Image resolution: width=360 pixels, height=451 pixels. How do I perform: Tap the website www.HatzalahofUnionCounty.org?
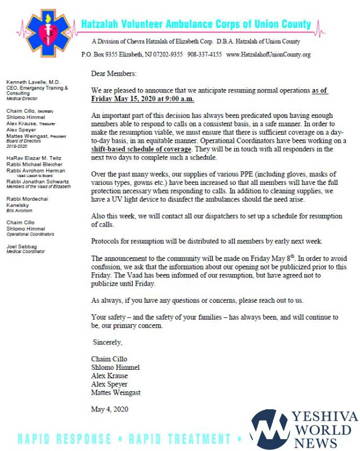pyautogui.click(x=269, y=55)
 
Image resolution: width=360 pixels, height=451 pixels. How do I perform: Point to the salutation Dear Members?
pyautogui.click(x=113, y=73)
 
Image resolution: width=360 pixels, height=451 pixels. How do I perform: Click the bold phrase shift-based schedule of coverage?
pyautogui.click(x=141, y=149)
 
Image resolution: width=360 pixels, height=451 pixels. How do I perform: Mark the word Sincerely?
pyautogui.click(x=108, y=342)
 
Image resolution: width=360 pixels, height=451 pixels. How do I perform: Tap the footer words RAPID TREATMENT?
pyautogui.click(x=172, y=439)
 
